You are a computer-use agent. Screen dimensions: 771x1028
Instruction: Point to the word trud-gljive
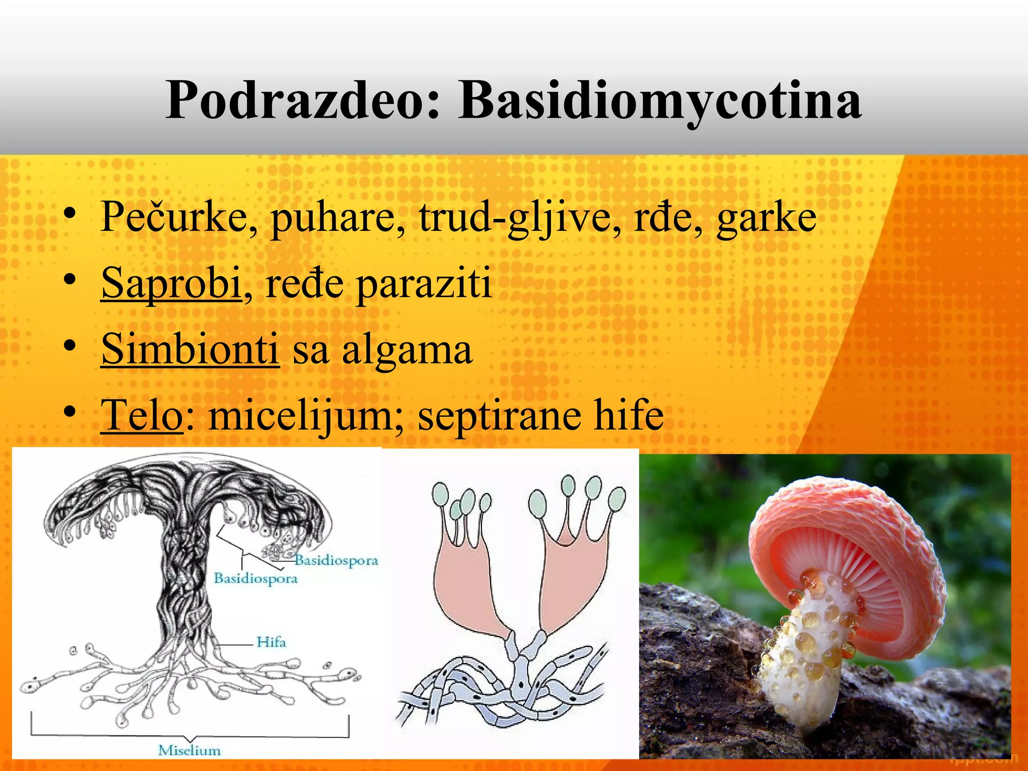click(520, 218)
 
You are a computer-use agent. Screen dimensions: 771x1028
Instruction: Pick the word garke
click(766, 218)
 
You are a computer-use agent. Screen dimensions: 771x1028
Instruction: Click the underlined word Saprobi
click(171, 284)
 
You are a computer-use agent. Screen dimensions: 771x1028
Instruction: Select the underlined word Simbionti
click(190, 349)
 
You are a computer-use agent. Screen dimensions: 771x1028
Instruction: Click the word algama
click(407, 350)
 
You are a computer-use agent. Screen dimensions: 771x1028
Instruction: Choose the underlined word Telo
click(142, 415)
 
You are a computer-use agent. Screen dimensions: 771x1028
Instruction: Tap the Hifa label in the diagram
click(271, 642)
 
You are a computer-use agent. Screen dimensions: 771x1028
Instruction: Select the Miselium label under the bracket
click(189, 750)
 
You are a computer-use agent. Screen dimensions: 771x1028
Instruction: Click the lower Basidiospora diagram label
click(255, 578)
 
